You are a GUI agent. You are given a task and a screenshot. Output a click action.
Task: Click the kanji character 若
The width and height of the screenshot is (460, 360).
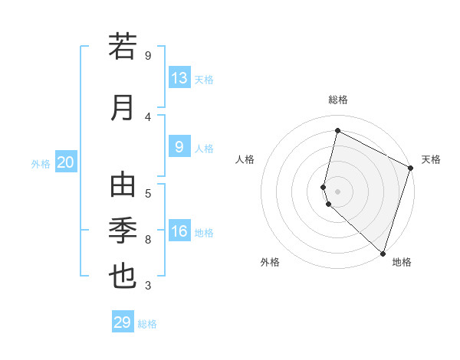coord(123,47)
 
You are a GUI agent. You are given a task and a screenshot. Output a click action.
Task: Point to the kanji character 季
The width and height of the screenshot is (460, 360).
coord(123,230)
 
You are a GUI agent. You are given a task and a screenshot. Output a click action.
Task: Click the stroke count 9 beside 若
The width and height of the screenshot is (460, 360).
coord(148,56)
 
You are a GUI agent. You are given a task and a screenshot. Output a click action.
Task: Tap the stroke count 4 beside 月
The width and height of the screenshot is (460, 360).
coord(148,116)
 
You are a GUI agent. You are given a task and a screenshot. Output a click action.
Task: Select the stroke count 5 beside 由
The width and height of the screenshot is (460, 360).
coord(148,193)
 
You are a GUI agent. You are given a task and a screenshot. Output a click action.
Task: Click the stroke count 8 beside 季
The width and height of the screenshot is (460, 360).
coord(148,240)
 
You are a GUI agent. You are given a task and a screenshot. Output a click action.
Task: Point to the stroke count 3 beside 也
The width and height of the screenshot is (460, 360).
coord(148,286)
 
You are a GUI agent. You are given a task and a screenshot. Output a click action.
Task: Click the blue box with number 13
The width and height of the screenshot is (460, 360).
coord(179,78)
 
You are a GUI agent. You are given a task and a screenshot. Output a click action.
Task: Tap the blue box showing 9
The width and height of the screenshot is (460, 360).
coord(179,147)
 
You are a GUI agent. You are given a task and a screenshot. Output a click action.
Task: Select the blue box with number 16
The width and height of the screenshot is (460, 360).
coord(179,231)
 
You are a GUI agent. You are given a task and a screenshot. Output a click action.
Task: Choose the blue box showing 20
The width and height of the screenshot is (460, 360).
coord(66,162)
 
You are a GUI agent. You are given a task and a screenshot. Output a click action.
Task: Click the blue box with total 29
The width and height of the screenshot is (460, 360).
coord(123,322)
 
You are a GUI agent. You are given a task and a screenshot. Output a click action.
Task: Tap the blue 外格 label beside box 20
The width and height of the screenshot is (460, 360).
coord(41,163)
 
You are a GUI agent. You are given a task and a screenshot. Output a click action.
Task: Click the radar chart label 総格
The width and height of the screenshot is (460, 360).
coord(337,100)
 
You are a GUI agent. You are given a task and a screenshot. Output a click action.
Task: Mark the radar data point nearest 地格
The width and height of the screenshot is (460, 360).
coord(383,253)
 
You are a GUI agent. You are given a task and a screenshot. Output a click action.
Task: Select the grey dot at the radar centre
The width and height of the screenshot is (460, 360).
coord(337,190)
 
